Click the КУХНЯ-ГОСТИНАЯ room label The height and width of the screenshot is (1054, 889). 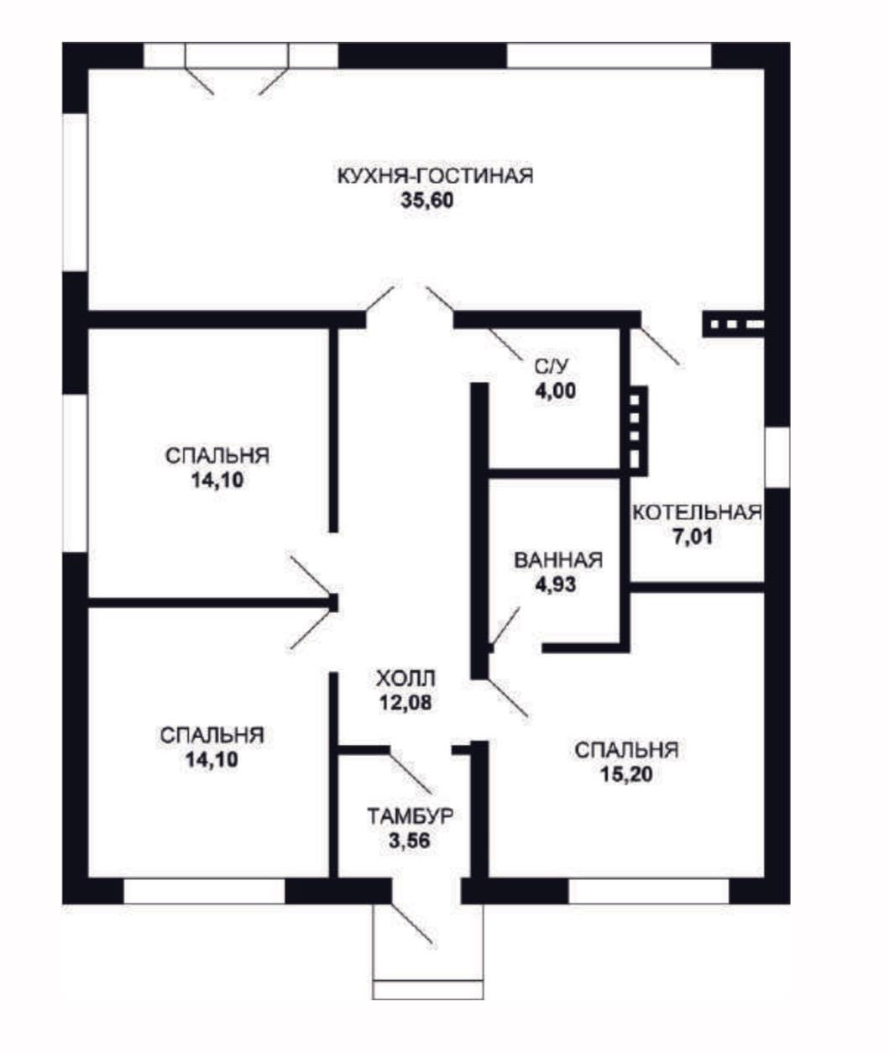pos(435,176)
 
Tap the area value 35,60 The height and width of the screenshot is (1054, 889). pos(427,201)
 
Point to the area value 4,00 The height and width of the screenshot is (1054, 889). pos(556,391)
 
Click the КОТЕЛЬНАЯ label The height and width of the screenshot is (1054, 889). pos(697,512)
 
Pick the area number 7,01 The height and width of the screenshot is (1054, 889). pos(693,537)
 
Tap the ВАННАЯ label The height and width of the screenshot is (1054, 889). pos(558,560)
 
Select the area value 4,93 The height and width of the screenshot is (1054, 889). pos(556,585)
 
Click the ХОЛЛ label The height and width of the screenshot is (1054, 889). pos(405,679)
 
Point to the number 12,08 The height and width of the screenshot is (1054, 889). pos(405,703)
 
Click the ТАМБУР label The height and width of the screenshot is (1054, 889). pos(410,817)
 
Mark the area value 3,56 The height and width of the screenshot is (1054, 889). pos(409,841)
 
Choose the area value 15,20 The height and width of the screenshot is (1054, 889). pos(626,775)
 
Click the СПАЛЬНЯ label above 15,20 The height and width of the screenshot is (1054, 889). pos(626,750)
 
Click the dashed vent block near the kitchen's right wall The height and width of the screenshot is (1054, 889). pos(733,324)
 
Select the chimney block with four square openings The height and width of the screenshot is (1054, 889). pos(638,431)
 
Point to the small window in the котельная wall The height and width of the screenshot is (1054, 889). pos(777,458)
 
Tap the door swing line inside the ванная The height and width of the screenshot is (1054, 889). pos(505,627)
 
